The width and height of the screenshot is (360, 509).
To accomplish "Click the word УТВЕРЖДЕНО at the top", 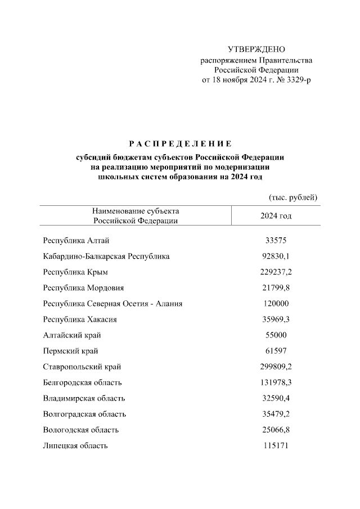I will (x=256, y=50).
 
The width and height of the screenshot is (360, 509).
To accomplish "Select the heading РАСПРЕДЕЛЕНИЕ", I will (x=180, y=143).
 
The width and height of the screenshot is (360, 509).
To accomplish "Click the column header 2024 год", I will (x=276, y=215).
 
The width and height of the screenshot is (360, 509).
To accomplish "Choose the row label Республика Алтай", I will (x=72, y=241).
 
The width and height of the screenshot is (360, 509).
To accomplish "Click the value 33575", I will (x=276, y=241).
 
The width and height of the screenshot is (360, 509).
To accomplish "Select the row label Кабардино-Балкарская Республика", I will (x=106, y=256).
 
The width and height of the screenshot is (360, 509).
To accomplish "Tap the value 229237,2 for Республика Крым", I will (x=276, y=272).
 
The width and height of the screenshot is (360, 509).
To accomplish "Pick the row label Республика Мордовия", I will (x=83, y=288).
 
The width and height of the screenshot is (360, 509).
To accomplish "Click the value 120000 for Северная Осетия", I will (x=276, y=304).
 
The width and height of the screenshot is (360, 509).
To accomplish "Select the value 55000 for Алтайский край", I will (x=276, y=335).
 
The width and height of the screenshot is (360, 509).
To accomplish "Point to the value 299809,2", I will (x=276, y=367).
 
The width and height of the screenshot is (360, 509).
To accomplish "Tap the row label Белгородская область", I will (x=82, y=382).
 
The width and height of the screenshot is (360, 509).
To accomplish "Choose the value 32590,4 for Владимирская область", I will (x=276, y=398).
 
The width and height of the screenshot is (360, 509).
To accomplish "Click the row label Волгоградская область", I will (x=84, y=414).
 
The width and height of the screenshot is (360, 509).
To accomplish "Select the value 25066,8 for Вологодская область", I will (x=276, y=430).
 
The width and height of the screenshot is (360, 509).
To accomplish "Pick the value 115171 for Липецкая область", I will (x=276, y=445).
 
